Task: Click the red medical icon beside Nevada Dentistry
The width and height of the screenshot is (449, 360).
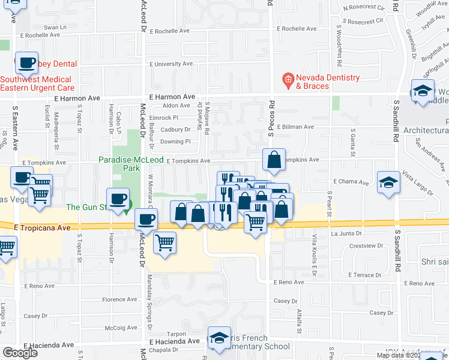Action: (x=288, y=79)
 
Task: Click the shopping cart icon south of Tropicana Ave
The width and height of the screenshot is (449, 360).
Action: (x=164, y=242)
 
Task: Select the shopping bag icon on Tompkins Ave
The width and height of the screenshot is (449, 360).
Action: (x=274, y=160)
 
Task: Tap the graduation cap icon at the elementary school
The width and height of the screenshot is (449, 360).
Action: (x=220, y=337)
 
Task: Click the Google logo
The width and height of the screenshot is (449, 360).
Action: (x=20, y=353)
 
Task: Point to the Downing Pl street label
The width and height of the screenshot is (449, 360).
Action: (x=175, y=142)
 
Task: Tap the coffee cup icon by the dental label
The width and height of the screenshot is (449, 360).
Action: (x=28, y=62)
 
